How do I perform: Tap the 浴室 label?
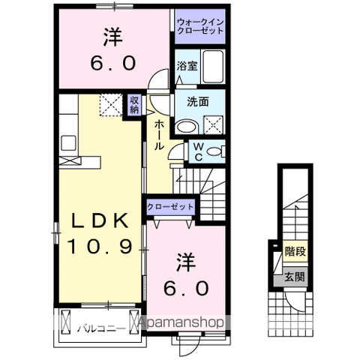coord(187,65)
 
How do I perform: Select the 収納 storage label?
coord(134,104)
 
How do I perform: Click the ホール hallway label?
coord(159,135)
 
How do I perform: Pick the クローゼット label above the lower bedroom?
coord(172,207)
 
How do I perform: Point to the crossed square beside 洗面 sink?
coord(214,125)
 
